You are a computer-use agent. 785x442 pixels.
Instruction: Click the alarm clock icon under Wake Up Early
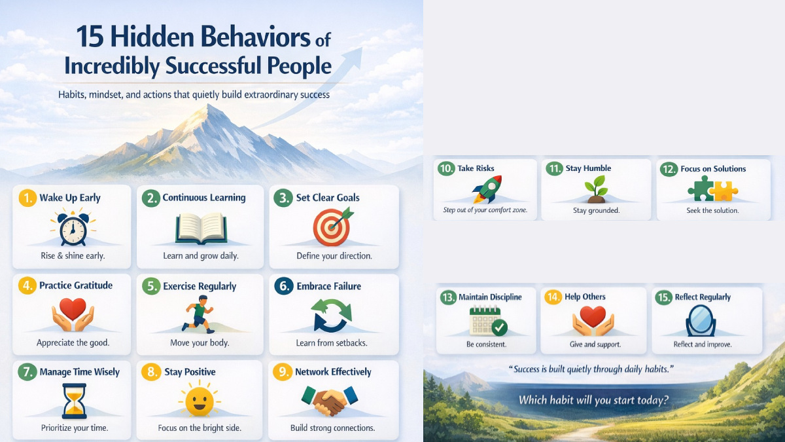[72, 228]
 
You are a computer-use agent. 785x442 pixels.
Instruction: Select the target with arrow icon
[332, 227]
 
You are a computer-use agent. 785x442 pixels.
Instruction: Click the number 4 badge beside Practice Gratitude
[26, 286]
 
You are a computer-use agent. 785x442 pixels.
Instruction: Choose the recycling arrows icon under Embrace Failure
[332, 315]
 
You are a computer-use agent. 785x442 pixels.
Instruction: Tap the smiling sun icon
[199, 399]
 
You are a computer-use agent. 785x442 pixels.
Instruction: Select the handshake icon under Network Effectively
[330, 400]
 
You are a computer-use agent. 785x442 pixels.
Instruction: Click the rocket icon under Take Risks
[485, 190]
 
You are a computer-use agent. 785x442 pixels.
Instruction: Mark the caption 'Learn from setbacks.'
[333, 343]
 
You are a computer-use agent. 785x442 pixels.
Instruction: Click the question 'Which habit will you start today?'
[593, 400]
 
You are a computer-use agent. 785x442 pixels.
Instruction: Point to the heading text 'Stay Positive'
[190, 372]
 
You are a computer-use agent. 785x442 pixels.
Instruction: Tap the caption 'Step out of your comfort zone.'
[485, 211]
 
